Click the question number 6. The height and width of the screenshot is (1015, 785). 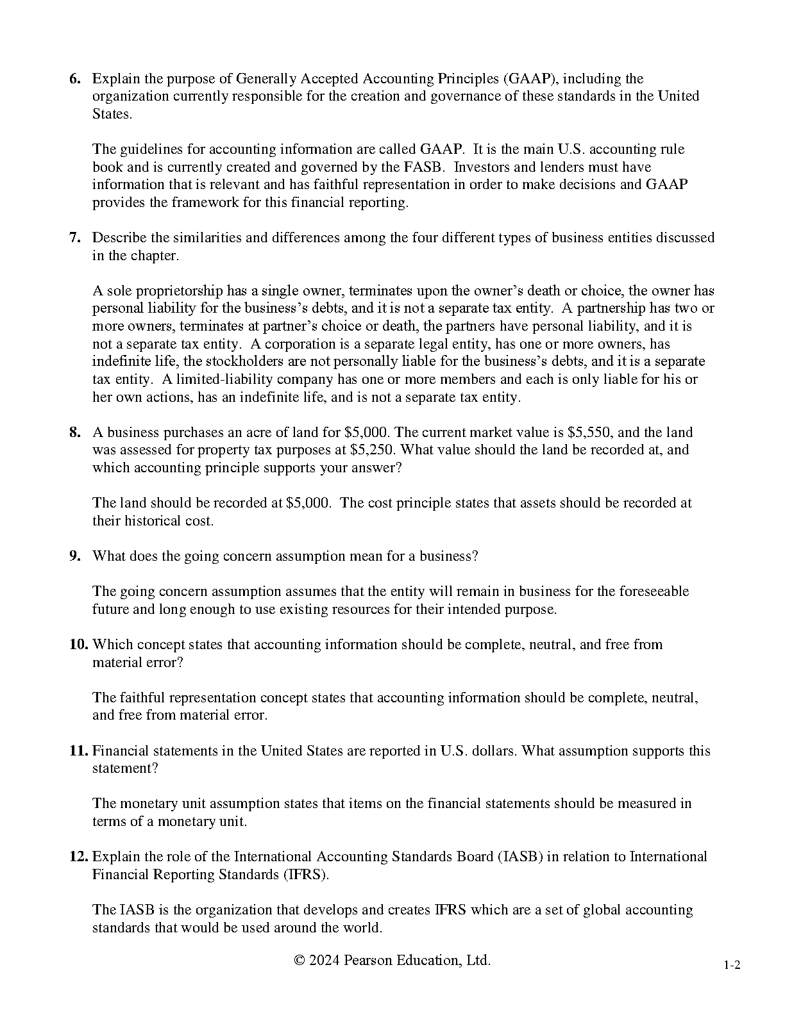coord(75,79)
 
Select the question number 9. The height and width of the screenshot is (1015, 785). coord(75,556)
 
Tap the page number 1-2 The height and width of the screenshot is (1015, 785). coord(732,966)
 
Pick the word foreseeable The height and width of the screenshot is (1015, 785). coord(654,591)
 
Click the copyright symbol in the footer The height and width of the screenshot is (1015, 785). coord(299,961)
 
